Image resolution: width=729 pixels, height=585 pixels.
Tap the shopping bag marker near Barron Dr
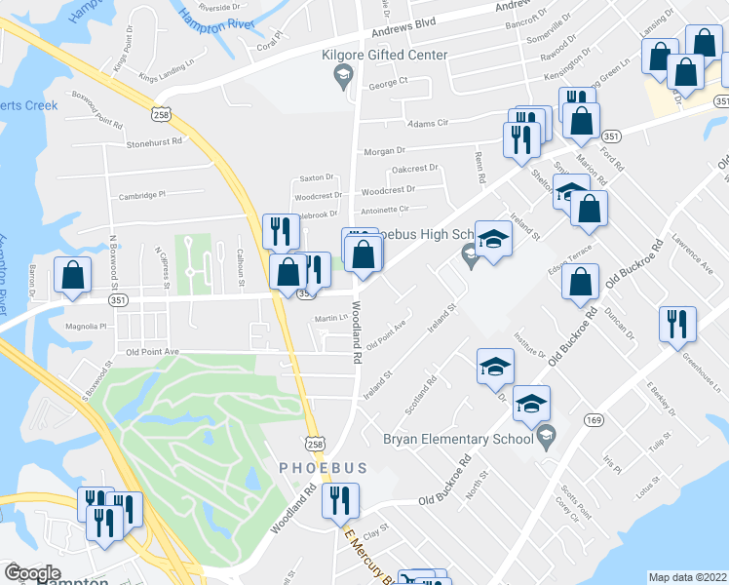(x=72, y=276)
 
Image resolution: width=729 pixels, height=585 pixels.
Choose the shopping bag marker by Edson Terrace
(x=581, y=282)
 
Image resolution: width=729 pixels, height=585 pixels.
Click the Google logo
(x=31, y=573)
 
